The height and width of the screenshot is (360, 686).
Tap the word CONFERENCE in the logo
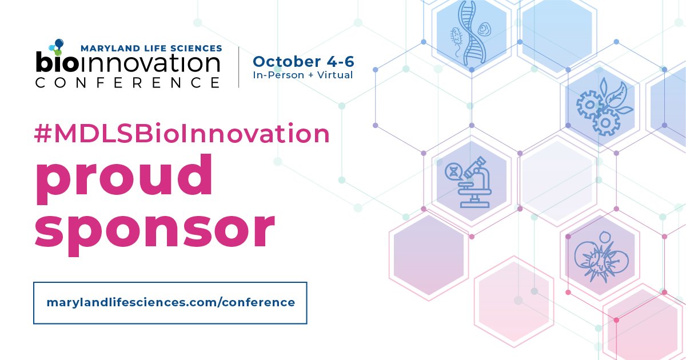[x=127, y=82]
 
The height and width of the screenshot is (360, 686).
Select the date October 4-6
[x=303, y=61]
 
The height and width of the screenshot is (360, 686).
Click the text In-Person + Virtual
[x=303, y=74]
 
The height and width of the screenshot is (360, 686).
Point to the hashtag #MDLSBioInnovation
[x=182, y=134]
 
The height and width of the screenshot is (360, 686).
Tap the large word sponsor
[x=154, y=226]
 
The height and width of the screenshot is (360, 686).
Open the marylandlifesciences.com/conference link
[x=170, y=302]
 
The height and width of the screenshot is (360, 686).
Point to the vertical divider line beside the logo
[x=239, y=67]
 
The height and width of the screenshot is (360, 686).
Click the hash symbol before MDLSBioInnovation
[x=43, y=134]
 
